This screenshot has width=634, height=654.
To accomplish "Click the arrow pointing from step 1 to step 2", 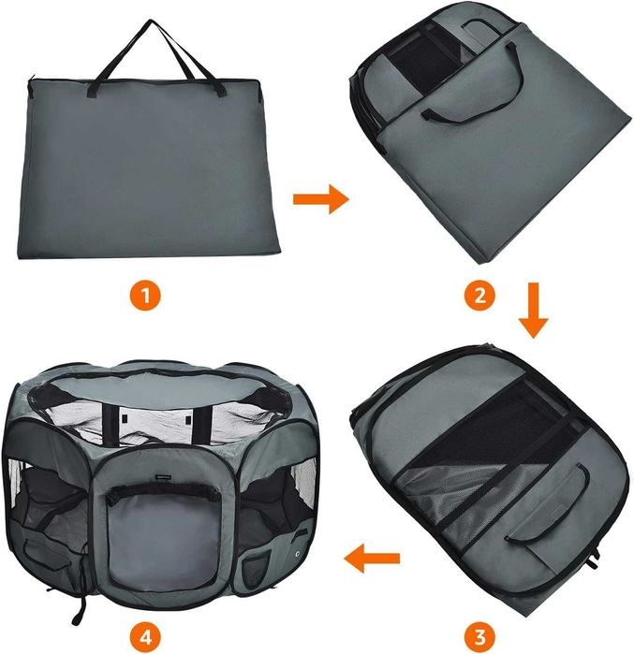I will pos(320,199).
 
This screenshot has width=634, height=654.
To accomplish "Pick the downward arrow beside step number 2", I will pos(534,310).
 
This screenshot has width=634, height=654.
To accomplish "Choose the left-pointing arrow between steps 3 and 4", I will pos(372,560).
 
